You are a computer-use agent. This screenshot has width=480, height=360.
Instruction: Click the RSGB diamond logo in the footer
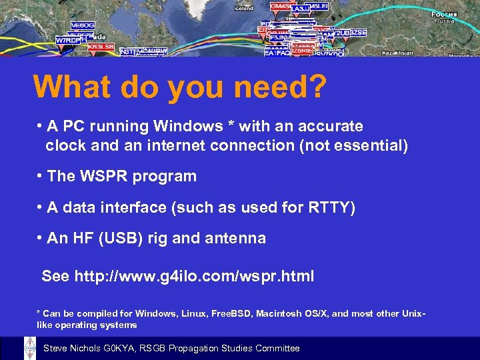click(29, 348)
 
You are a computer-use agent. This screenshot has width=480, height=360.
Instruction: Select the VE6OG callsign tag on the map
click(83, 25)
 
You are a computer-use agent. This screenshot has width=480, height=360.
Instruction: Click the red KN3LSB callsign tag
click(101, 47)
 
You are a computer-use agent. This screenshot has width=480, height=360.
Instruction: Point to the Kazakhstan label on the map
click(399, 53)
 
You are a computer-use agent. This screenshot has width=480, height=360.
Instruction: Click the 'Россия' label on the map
click(444, 14)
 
